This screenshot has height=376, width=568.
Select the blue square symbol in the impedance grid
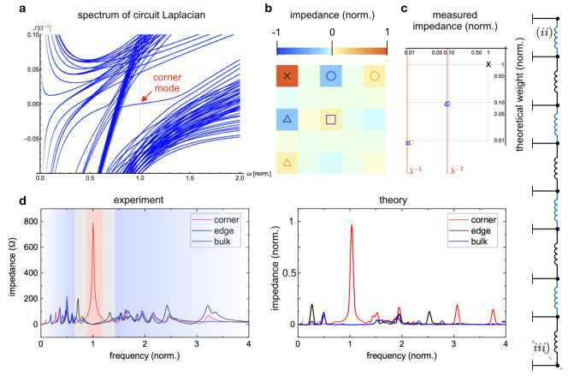330,119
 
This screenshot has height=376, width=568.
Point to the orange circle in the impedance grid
374,76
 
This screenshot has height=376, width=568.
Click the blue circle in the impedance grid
330,76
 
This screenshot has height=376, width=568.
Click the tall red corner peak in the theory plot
351,226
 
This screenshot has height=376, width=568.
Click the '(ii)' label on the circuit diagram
543,33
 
